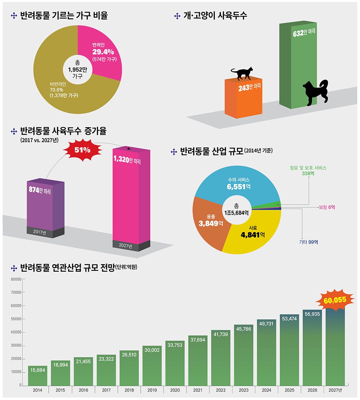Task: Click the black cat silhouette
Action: point(242,74)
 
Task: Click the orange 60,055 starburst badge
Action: point(335,301)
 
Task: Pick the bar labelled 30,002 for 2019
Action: point(152,366)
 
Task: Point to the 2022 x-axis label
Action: point(220,391)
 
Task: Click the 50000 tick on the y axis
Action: point(16,319)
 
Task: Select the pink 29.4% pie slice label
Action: point(105,52)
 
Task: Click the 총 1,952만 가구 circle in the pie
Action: point(78,69)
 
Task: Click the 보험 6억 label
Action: point(327,207)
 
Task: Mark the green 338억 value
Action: point(308,173)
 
